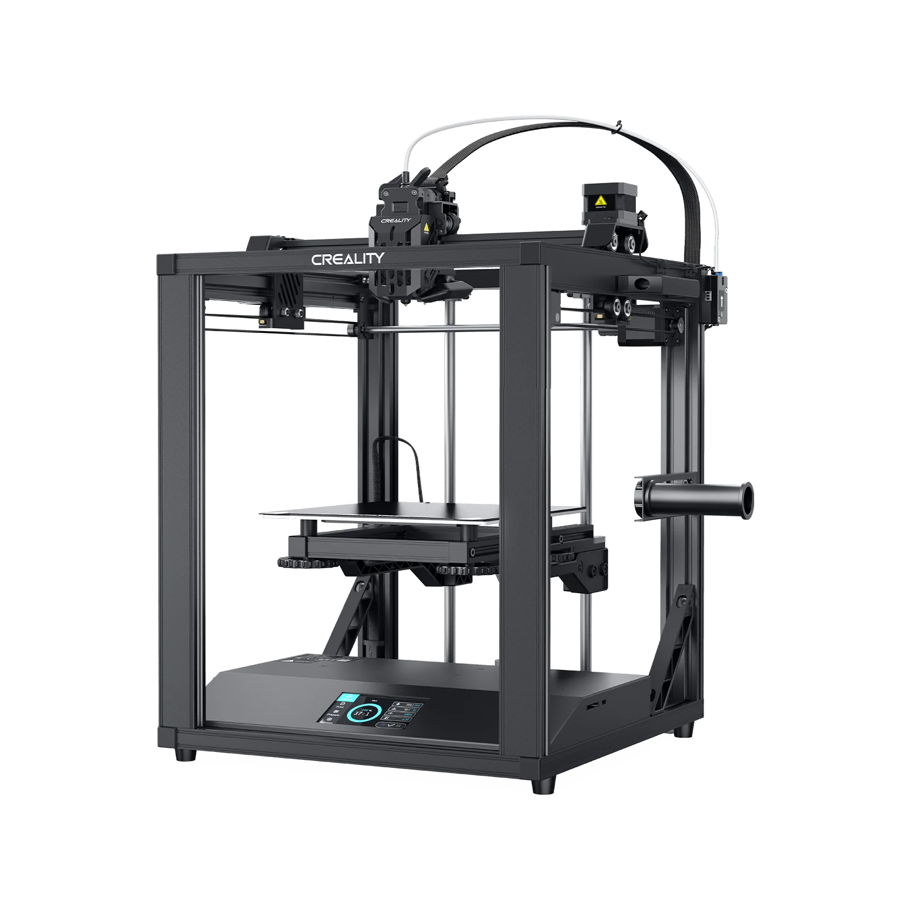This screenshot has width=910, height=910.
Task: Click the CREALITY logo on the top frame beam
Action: [x=348, y=259]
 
